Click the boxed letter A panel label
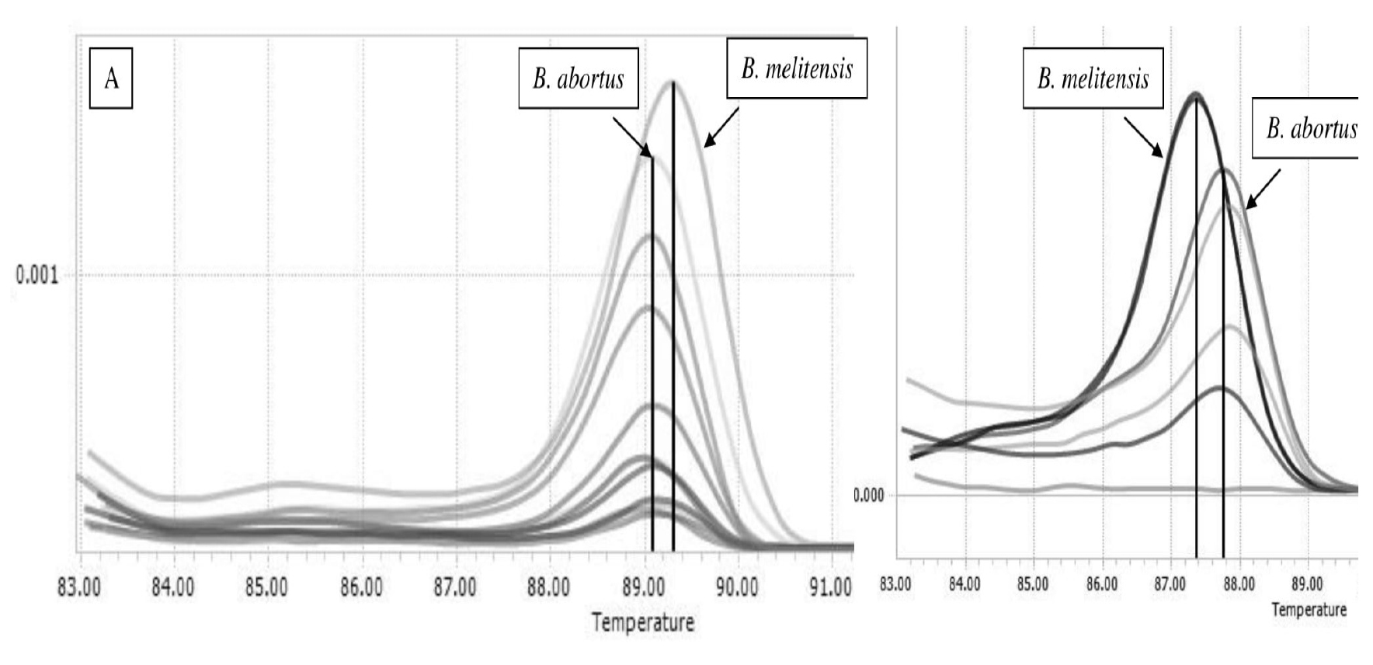pyautogui.click(x=111, y=78)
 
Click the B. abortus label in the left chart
pyautogui.click(x=579, y=78)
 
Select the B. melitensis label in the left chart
pyautogui.click(x=797, y=69)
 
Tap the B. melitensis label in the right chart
pyautogui.click(x=1093, y=78)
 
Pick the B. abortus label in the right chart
pyautogui.click(x=1310, y=129)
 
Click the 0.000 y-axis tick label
pyautogui.click(x=869, y=496)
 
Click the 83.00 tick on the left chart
pyautogui.click(x=79, y=587)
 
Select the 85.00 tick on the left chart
pyautogui.click(x=267, y=587)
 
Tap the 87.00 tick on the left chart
pyautogui.click(x=455, y=587)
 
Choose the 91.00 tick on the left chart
pyautogui.click(x=831, y=587)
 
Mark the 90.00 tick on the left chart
pyautogui.click(x=737, y=587)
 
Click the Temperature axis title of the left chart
pyautogui.click(x=642, y=622)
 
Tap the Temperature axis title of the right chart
pyautogui.click(x=1309, y=610)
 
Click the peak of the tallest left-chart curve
pyautogui.click(x=673, y=82)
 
